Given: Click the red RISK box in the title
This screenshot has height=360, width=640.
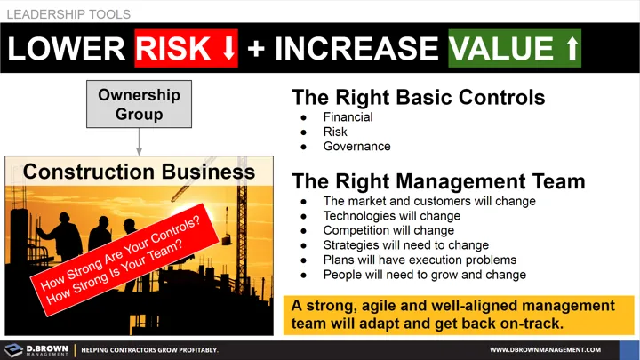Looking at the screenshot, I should coord(187,48).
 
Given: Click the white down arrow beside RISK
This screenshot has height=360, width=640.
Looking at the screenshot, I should coord(228,48).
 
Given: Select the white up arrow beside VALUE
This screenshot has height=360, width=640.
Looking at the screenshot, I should coord(571,48).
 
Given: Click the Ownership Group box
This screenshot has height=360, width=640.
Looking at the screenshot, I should coord(139,104).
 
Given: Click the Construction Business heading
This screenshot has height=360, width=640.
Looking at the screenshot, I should coord(139,171).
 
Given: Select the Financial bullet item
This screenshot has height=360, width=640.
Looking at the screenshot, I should coord(348,116).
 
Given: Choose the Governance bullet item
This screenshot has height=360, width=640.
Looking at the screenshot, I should coord(356,147).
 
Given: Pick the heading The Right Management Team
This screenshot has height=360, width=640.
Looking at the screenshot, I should coord(438,181).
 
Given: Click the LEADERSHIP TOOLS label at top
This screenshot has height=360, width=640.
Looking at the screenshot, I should coord(68,14).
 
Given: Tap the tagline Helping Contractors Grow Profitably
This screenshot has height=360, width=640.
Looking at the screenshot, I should coord(149,350).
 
